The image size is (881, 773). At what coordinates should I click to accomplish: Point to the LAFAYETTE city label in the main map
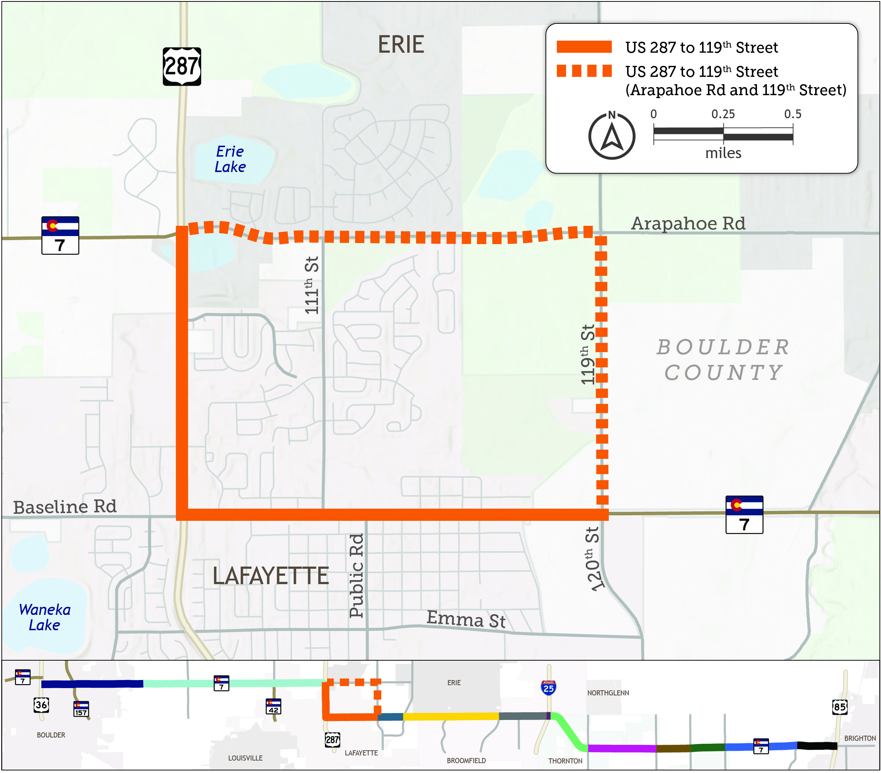pos(271,576)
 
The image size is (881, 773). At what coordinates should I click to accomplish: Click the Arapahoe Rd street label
pos(688,223)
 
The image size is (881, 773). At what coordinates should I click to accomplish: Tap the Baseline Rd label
pos(65,507)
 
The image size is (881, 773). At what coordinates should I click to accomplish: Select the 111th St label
pos(311,285)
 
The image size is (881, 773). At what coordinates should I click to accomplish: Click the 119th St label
pos(588,354)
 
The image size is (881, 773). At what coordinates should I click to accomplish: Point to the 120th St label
pos(593,559)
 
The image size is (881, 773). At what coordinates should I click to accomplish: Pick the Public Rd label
pos(356,576)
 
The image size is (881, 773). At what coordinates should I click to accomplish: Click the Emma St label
pos(466,620)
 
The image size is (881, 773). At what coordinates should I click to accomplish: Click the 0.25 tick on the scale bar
pos(723,114)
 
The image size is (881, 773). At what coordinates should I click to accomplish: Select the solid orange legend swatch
pos(584,47)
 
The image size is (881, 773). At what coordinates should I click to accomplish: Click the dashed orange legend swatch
pos(584,71)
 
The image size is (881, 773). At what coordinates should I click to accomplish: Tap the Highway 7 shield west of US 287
pos(60,235)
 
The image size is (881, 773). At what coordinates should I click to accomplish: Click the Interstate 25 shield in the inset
pos(548,688)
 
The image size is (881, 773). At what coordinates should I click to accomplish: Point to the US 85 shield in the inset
pos(839,707)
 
